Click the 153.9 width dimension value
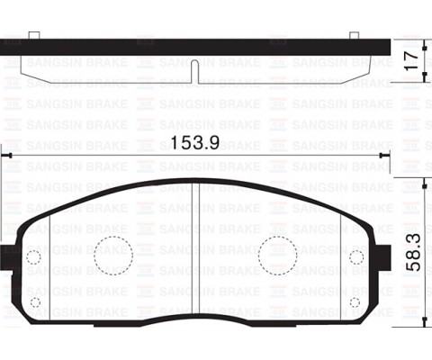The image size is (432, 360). tap(194, 142)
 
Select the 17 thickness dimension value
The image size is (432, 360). tap(411, 61)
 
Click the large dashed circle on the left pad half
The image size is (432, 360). tap(112, 255)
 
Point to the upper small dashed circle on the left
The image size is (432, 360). tap(34, 256)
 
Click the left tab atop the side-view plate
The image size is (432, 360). tap(33, 35)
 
